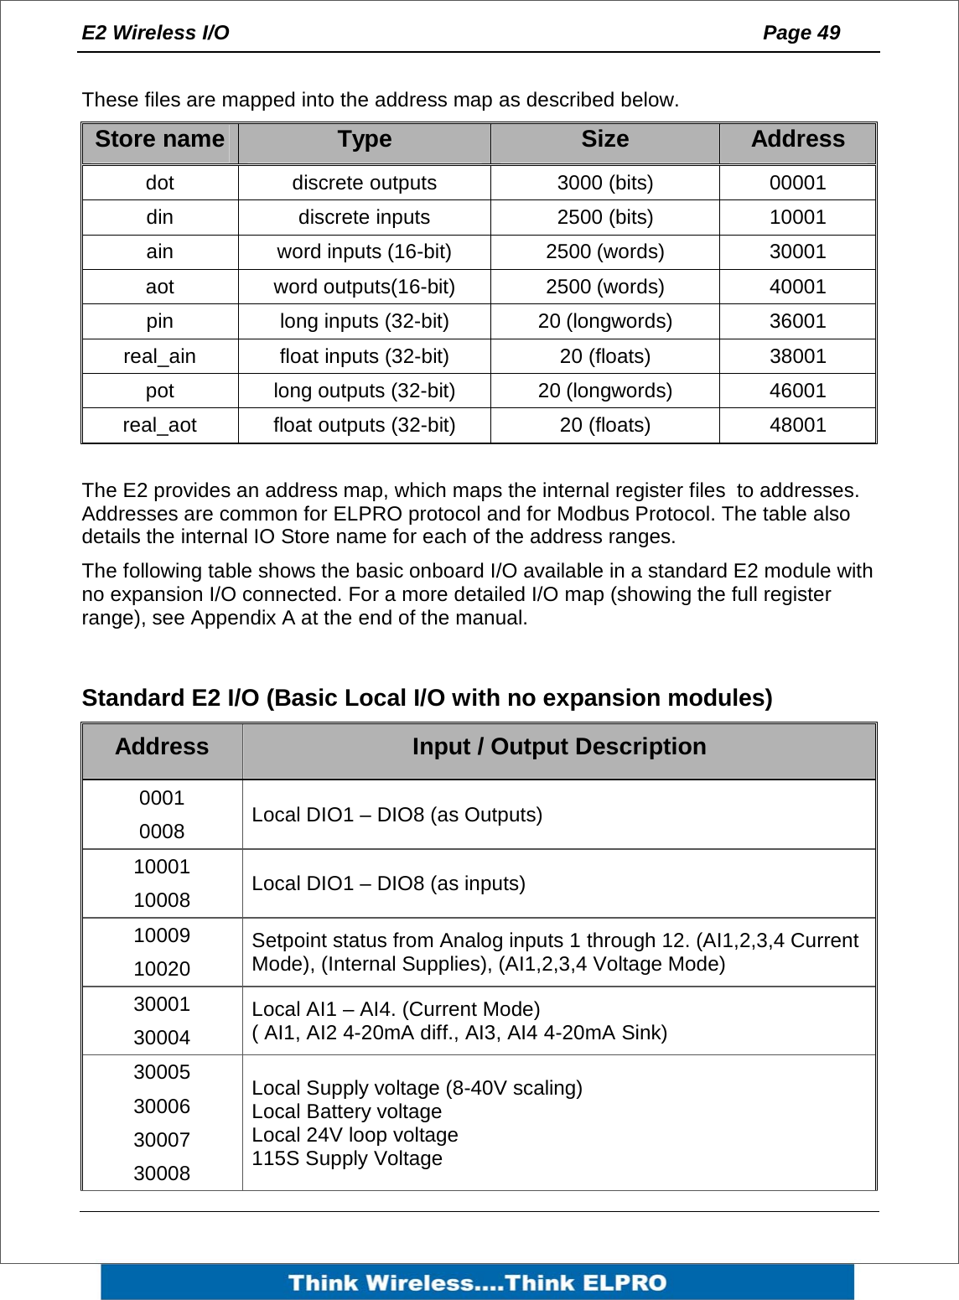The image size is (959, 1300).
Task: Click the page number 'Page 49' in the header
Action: tap(801, 33)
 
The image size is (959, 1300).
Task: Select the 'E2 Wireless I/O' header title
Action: tap(155, 33)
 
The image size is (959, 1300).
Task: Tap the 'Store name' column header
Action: tap(159, 139)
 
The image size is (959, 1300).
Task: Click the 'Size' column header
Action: tap(604, 139)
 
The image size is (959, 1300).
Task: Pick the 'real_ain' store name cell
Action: tap(159, 356)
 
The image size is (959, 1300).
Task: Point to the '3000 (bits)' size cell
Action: tap(604, 183)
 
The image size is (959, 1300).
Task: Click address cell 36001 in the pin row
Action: tap(797, 321)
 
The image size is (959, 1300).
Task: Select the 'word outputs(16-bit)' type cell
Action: tap(364, 287)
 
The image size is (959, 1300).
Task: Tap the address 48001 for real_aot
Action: tap(797, 425)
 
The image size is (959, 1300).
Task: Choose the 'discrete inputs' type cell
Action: tap(364, 217)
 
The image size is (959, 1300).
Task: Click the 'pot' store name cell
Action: tap(159, 391)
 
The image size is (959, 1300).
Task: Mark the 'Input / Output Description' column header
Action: tap(558, 747)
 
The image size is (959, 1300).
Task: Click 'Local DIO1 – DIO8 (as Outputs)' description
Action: tap(397, 815)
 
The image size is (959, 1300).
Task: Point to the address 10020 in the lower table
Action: tap(162, 969)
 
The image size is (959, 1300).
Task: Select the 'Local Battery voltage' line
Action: tap(346, 1111)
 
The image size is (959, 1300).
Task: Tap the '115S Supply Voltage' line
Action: tap(346, 1158)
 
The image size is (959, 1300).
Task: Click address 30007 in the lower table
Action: tap(162, 1140)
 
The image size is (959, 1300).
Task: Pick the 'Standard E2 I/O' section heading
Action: tap(427, 698)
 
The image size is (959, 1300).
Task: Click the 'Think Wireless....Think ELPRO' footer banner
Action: tap(477, 1282)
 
